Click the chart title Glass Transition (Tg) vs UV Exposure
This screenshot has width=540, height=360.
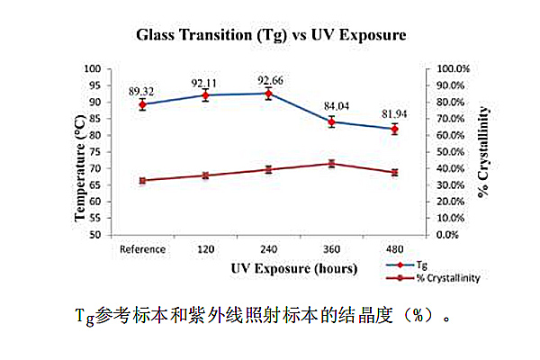[x=271, y=36]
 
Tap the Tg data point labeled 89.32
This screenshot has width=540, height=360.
[x=142, y=104]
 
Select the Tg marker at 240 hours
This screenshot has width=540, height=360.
[x=268, y=93]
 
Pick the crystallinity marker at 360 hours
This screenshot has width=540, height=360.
[x=331, y=164]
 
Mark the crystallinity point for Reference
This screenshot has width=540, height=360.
[x=142, y=180]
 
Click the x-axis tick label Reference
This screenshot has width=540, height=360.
[x=142, y=249]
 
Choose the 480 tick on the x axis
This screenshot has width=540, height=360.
[x=394, y=249]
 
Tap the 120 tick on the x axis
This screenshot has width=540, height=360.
[x=205, y=249]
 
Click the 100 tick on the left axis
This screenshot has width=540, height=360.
[x=92, y=69]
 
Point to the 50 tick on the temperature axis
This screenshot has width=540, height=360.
[x=94, y=235]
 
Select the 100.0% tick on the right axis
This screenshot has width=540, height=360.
[x=452, y=69]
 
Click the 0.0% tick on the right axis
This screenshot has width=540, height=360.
[x=448, y=235]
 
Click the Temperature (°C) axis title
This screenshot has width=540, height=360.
[x=80, y=151]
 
